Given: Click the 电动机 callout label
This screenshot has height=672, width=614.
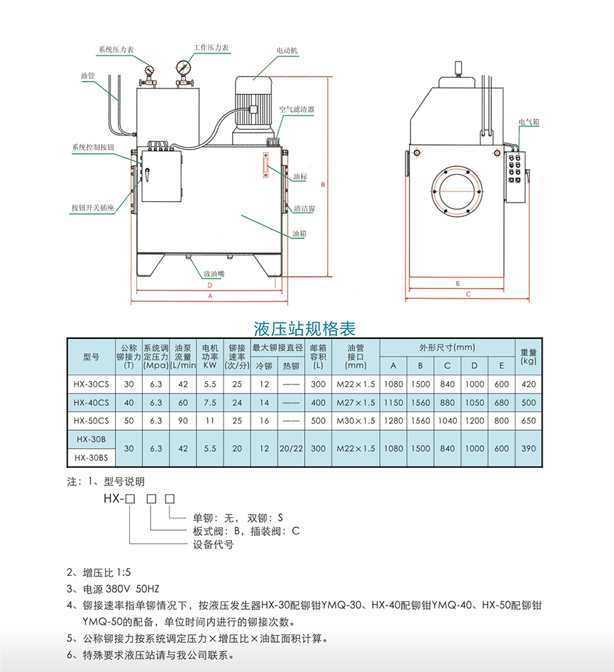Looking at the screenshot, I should coord(288,51).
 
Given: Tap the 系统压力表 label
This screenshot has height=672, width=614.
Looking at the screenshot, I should coord(116,51).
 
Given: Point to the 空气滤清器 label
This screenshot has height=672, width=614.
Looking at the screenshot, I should coord(296,110).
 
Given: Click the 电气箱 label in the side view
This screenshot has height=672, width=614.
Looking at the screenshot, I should coord(528,122).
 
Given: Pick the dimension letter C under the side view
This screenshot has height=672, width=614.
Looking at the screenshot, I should coord(468,293).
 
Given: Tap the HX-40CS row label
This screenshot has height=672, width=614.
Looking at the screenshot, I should coord(91,402).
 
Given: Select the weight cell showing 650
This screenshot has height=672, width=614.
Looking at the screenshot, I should coord(528,421).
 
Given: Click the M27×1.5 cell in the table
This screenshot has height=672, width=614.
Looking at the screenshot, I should coord(355,402).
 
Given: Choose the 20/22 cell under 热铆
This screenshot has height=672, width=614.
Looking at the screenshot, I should coord(291,449).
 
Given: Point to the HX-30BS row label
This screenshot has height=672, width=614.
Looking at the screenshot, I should coord(91,458).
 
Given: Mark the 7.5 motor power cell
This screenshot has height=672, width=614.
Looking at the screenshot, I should coord(209,402).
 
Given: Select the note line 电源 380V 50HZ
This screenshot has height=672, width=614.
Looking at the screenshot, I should coord(113,589).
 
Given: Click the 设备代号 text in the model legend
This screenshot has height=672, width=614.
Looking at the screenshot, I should coord(213,544).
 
